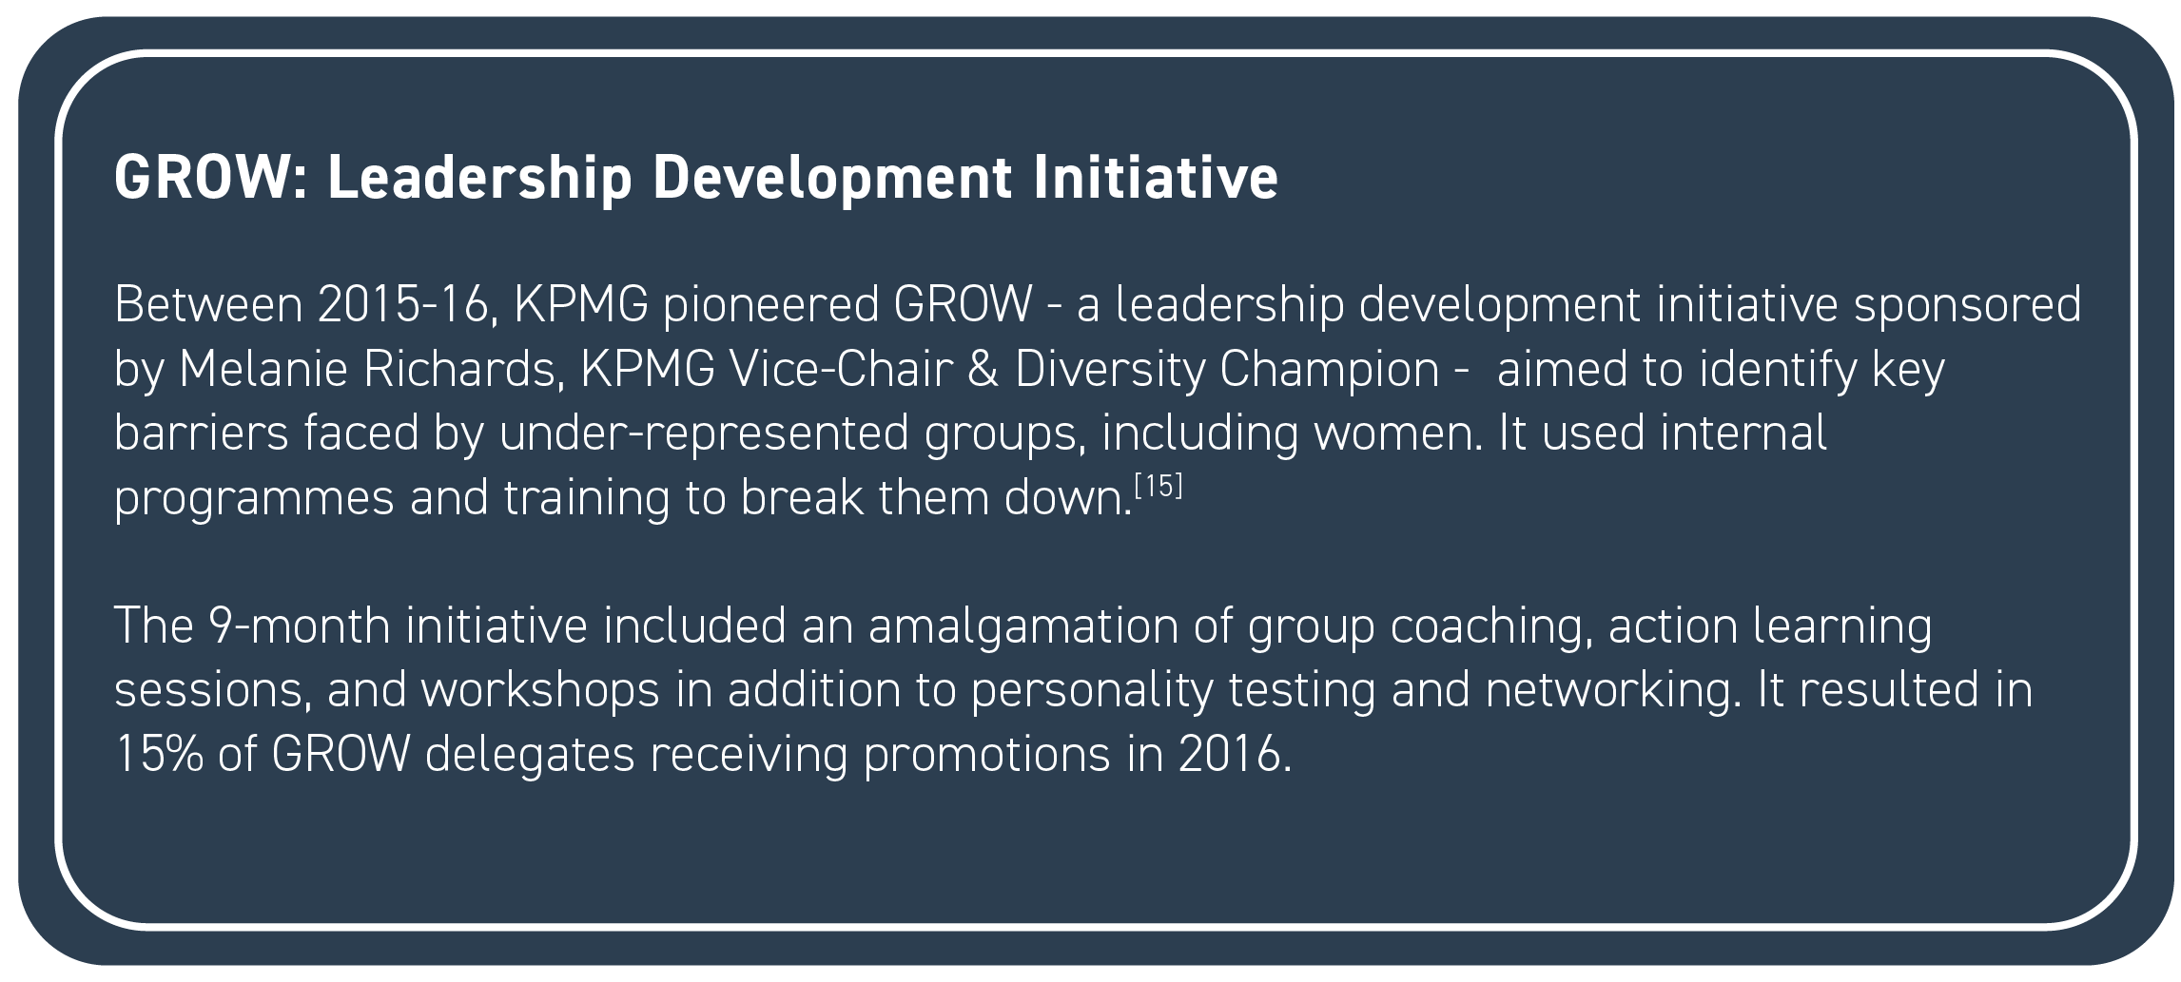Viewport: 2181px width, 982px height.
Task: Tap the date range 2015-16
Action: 404,305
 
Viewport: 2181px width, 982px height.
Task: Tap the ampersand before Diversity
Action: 983,370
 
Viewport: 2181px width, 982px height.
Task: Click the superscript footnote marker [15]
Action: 1159,487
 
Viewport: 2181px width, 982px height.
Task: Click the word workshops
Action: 540,690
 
